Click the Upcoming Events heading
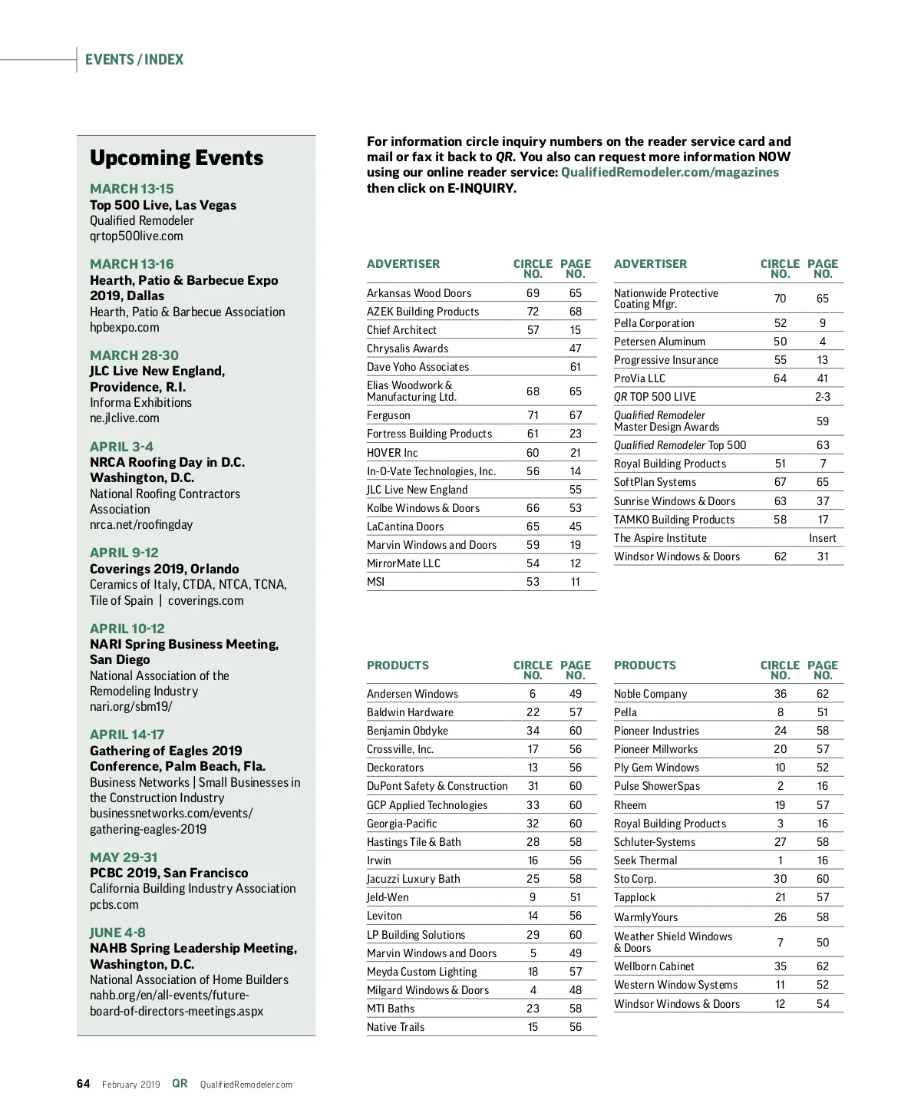tap(177, 158)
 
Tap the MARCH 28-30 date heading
tap(134, 355)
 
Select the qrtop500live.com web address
tap(137, 236)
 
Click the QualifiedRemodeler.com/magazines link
tap(669, 173)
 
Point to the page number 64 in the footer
tap(84, 1084)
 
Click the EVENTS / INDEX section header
tap(134, 60)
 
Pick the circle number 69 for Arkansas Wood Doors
tap(533, 293)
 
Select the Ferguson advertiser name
tap(388, 415)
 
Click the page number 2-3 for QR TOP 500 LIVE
tap(822, 397)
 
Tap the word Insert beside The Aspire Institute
tap(822, 538)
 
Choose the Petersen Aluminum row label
tap(659, 342)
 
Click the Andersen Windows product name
tap(412, 694)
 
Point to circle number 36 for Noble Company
tap(780, 694)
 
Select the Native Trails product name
tap(395, 1027)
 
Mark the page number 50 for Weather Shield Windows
tap(822, 943)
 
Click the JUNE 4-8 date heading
tap(117, 933)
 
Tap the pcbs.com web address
tap(114, 904)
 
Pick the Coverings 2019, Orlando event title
tap(164, 569)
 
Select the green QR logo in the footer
tap(180, 1084)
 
